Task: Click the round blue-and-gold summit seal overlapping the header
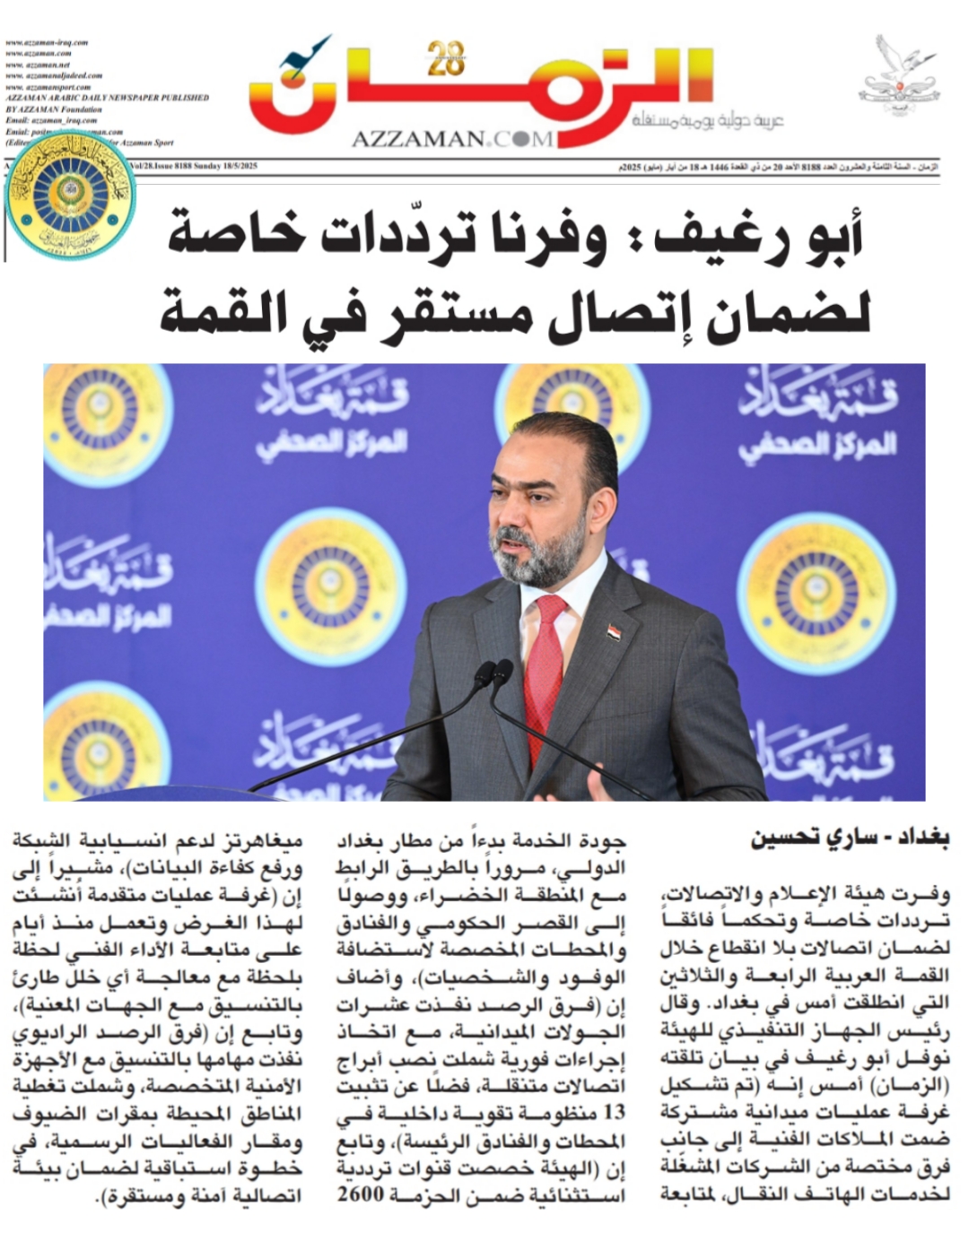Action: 70,194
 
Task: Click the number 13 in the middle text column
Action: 614,1113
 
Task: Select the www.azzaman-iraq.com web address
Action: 47,42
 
